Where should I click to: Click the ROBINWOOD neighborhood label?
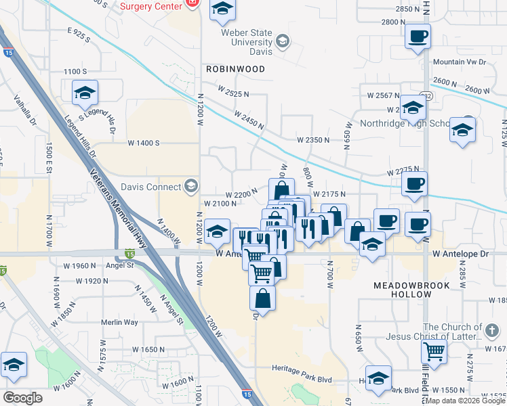coord(236,69)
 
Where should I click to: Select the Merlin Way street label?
coord(119,323)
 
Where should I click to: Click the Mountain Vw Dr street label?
coord(460,62)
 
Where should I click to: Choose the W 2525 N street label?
coord(233,91)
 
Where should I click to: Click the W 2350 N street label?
coord(312,140)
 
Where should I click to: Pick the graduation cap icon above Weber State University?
coord(221,10)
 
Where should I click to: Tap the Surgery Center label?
coord(150,6)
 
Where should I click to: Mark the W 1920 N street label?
coord(92,280)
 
